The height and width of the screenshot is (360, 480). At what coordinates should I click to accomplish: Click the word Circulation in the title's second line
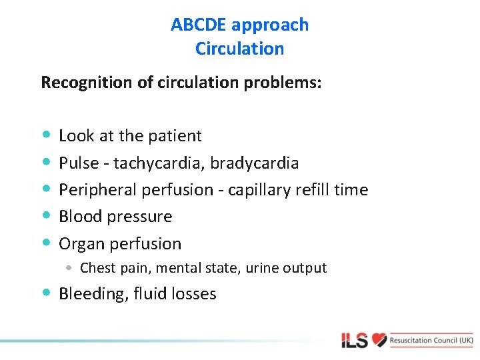pyautogui.click(x=239, y=49)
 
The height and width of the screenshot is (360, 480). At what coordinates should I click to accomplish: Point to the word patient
pyautogui.click(x=175, y=136)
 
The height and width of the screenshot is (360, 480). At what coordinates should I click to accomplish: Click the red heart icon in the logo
pyautogui.click(x=379, y=340)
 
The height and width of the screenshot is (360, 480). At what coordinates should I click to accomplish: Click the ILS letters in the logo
pyautogui.click(x=354, y=341)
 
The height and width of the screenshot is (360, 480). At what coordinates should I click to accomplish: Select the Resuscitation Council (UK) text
pyautogui.click(x=431, y=340)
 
